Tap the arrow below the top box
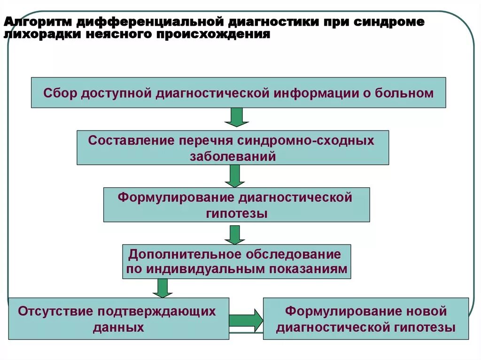236,117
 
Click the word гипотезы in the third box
236,214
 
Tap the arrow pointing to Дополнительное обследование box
235,234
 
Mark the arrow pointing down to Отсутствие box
163,288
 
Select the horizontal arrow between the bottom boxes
246,320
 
